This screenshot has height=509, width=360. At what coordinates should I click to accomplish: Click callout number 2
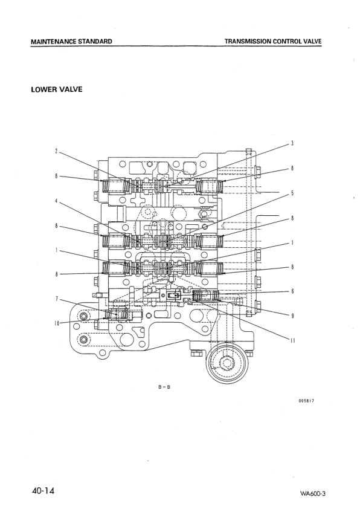(x=56, y=151)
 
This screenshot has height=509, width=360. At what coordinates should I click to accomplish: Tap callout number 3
(x=292, y=143)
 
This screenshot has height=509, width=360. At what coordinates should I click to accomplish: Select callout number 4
(x=56, y=201)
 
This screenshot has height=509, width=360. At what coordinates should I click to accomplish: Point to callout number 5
(x=292, y=193)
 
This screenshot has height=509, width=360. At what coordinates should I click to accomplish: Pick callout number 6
(x=292, y=291)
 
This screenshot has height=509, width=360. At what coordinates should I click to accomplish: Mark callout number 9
(x=292, y=315)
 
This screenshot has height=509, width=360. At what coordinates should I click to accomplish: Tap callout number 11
(x=292, y=340)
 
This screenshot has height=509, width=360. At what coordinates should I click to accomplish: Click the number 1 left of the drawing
(x=56, y=249)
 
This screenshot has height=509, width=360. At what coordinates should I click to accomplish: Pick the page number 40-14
(x=43, y=490)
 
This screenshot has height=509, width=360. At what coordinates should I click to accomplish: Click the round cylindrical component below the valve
(x=228, y=363)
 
